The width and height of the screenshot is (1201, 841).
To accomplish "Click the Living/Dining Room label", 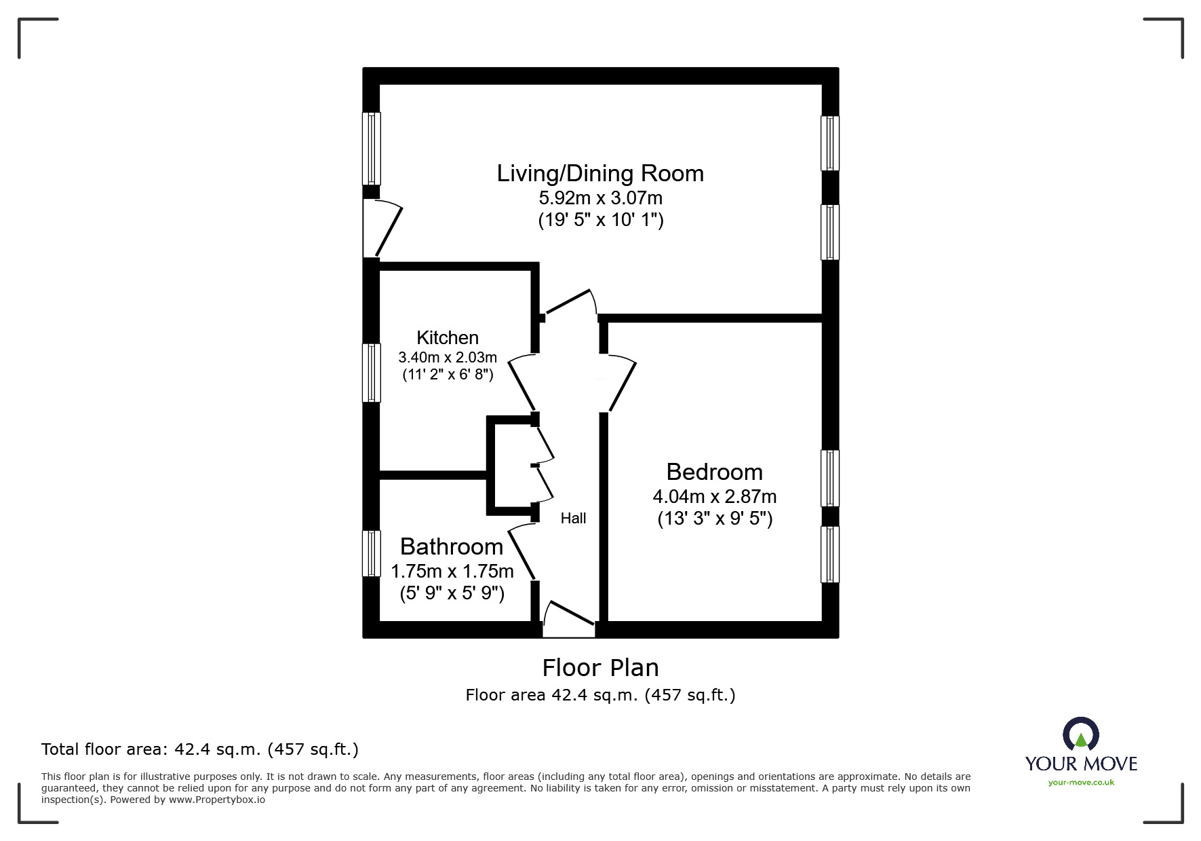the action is point(600,174).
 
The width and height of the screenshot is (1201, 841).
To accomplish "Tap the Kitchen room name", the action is point(448,337).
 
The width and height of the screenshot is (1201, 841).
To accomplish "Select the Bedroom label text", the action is point(715,472).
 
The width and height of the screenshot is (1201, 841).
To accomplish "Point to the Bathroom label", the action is point(452,546).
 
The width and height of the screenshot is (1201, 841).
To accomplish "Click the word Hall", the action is point(573,519).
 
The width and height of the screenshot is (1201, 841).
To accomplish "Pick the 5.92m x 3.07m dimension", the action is point(601,198).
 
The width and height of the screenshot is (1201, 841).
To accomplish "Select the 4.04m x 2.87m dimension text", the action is point(715,497).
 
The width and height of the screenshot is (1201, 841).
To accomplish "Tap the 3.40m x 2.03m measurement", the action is point(448,357).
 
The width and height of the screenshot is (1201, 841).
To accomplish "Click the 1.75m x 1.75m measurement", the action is point(452,572).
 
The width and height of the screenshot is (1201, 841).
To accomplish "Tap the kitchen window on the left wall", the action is point(372,373).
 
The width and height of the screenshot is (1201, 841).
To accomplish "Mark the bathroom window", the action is point(372,553).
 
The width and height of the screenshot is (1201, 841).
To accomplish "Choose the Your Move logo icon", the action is point(1080,734).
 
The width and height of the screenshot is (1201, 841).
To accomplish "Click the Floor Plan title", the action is point(601,668).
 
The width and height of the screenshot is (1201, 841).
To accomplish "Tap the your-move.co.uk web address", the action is point(1081,783).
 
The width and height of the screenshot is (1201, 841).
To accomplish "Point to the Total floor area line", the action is point(200,749).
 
